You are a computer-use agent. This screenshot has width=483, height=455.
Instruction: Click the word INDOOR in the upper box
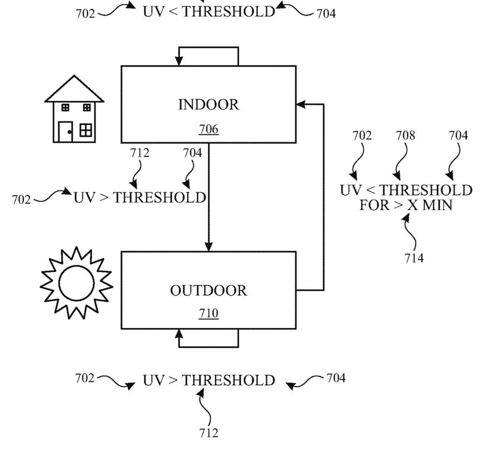point(209,105)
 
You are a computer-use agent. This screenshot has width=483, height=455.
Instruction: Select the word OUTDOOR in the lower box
point(208,291)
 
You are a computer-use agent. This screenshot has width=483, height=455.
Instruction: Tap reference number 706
point(209,129)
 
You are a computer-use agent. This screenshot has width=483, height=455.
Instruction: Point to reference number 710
point(209,314)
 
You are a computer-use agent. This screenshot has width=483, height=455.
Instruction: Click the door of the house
point(65,132)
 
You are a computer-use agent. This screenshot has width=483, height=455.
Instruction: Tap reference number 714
point(414,258)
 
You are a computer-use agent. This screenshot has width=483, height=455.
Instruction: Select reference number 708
point(405,136)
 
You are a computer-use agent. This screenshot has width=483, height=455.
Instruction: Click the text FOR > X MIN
point(406,205)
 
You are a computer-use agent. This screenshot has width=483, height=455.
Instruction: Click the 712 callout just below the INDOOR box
point(139,153)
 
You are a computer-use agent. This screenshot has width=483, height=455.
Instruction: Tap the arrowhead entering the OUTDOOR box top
point(209,247)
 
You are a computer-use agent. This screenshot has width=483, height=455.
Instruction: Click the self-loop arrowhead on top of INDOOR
point(179,61)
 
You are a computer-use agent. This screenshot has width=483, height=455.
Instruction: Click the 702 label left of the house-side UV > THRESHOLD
point(22,199)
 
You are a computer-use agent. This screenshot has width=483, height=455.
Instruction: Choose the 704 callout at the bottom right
point(336,378)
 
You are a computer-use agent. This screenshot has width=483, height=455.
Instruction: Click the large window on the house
point(86,130)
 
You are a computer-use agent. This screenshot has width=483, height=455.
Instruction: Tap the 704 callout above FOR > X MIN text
point(458,136)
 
